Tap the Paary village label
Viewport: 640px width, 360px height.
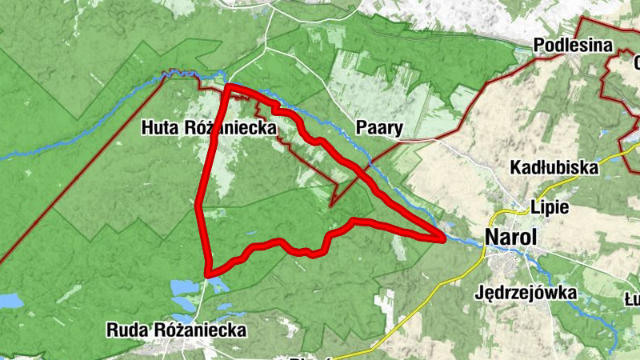coord(377,127)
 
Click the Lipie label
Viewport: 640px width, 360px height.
coord(550,207)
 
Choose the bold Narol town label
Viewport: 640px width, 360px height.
coord(510,237)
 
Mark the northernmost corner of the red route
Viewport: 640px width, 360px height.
coord(229,86)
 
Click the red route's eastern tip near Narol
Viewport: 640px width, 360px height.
coord(442,238)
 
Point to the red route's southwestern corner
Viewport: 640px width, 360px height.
coord(208,273)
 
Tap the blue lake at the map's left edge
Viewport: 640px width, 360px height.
coord(10,301)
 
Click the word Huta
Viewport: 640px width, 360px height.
coord(160,127)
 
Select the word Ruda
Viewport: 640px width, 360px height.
coord(126,330)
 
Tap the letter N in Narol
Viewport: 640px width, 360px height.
coord(491,237)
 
